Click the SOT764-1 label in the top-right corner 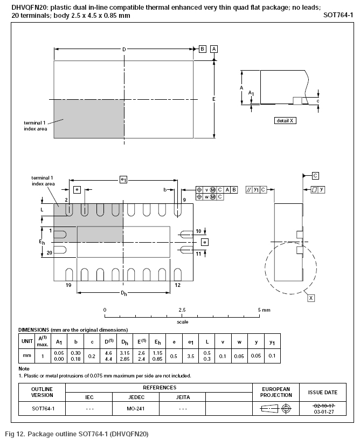338,16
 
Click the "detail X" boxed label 285,121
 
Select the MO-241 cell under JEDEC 136,408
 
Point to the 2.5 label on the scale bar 182,310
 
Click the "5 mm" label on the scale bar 264,310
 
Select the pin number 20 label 50,252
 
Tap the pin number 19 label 68,284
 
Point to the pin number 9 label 184,200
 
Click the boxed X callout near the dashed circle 311,298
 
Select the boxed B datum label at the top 203,49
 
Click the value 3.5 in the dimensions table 190,356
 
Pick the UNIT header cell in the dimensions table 26,341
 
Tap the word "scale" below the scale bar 183,322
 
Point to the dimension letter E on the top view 213,99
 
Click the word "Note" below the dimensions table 24,369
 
